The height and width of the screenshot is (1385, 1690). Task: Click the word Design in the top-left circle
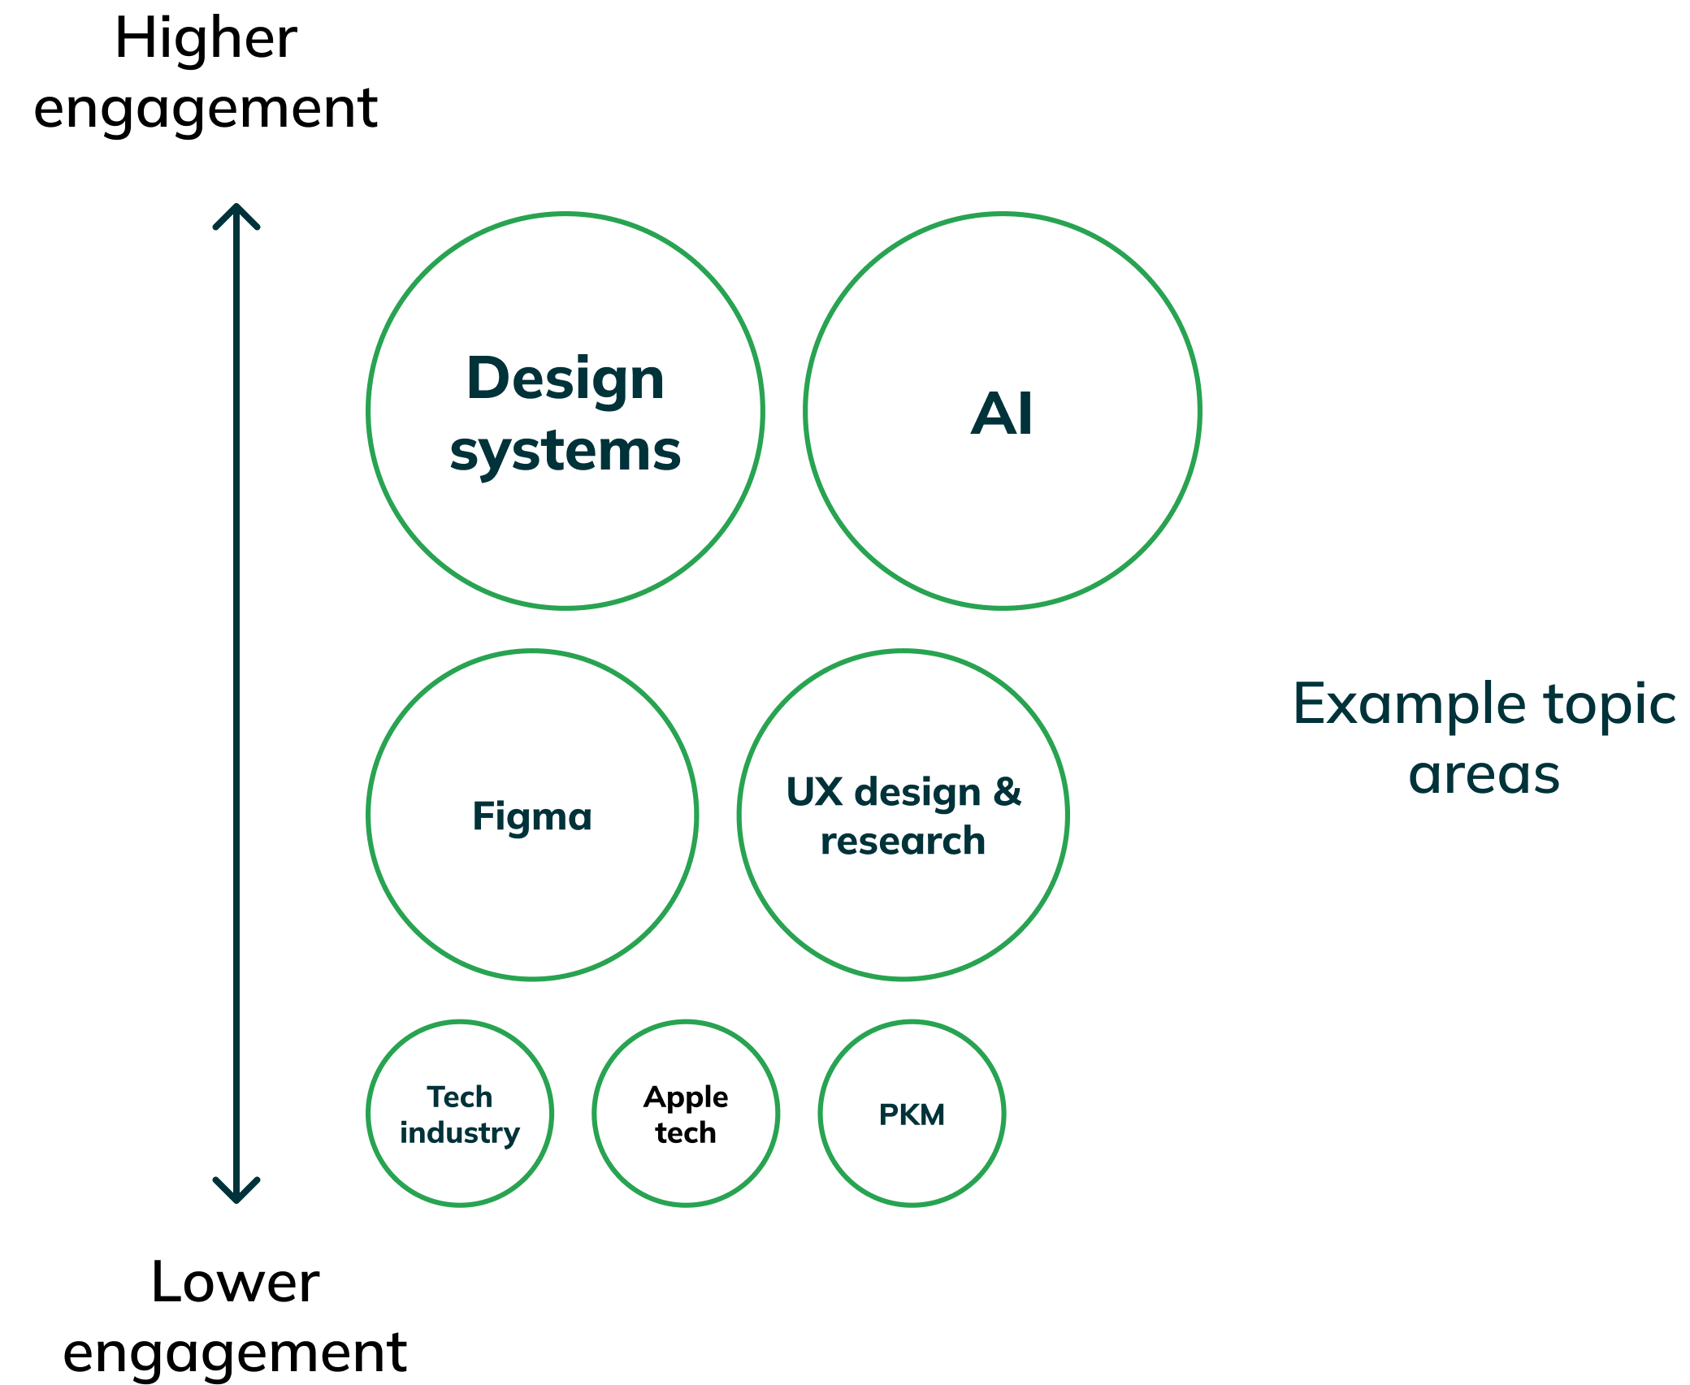pos(565,380)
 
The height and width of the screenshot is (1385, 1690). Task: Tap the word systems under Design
pos(565,452)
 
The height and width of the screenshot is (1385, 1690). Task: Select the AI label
pos(1002,414)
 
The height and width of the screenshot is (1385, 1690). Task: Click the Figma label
pos(532,816)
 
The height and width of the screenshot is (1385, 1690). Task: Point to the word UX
pos(815,792)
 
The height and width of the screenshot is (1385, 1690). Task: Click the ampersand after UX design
pos(1007,792)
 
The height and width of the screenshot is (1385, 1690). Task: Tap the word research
pos(903,842)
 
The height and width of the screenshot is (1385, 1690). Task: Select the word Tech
pos(460,1097)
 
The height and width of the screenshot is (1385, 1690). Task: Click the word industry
pos(460,1133)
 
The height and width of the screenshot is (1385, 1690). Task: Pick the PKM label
pos(912,1114)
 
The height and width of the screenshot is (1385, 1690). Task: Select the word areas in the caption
pos(1484,775)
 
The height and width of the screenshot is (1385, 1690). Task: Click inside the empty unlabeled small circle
pos(686,1113)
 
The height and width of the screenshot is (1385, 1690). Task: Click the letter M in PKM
pos(933,1114)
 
